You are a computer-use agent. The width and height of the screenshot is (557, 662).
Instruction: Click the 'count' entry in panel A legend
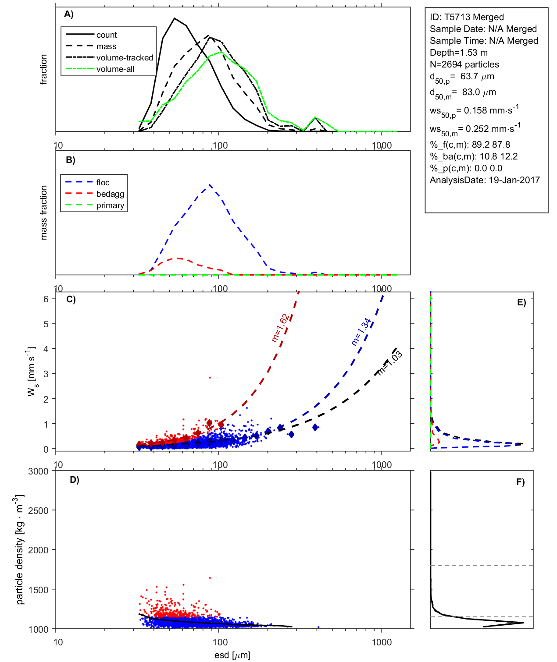(107, 35)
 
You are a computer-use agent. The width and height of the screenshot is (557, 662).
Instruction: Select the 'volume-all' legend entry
(115, 69)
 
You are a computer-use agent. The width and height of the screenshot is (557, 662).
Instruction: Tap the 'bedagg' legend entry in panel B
(110, 194)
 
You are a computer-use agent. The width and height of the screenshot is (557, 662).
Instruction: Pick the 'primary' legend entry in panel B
(110, 205)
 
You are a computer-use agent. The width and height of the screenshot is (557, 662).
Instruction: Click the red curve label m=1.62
(280, 328)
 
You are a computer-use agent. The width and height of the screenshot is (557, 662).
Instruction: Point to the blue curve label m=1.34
(361, 332)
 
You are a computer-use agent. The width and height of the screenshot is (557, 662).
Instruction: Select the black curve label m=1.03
(390, 363)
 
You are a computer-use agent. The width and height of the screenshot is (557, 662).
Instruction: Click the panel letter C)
(71, 300)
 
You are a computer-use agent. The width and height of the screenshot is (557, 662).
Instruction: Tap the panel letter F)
(520, 482)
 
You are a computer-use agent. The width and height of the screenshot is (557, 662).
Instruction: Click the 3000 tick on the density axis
(38, 471)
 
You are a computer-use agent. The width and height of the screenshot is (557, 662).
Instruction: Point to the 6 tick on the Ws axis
(46, 299)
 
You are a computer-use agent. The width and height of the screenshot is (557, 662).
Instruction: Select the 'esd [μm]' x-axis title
(232, 655)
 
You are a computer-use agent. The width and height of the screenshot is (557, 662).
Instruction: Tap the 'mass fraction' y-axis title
(43, 212)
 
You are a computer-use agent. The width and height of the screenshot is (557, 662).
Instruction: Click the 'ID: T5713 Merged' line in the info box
(467, 17)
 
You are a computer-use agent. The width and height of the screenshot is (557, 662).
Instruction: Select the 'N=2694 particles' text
(464, 64)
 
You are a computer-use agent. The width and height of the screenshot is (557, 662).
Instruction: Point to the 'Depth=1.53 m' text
(458, 53)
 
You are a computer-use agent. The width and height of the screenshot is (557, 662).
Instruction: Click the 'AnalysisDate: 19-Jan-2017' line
(485, 180)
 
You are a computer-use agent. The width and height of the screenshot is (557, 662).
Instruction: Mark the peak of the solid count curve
(175, 18)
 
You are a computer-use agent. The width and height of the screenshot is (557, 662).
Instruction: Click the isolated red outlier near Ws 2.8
(210, 377)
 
